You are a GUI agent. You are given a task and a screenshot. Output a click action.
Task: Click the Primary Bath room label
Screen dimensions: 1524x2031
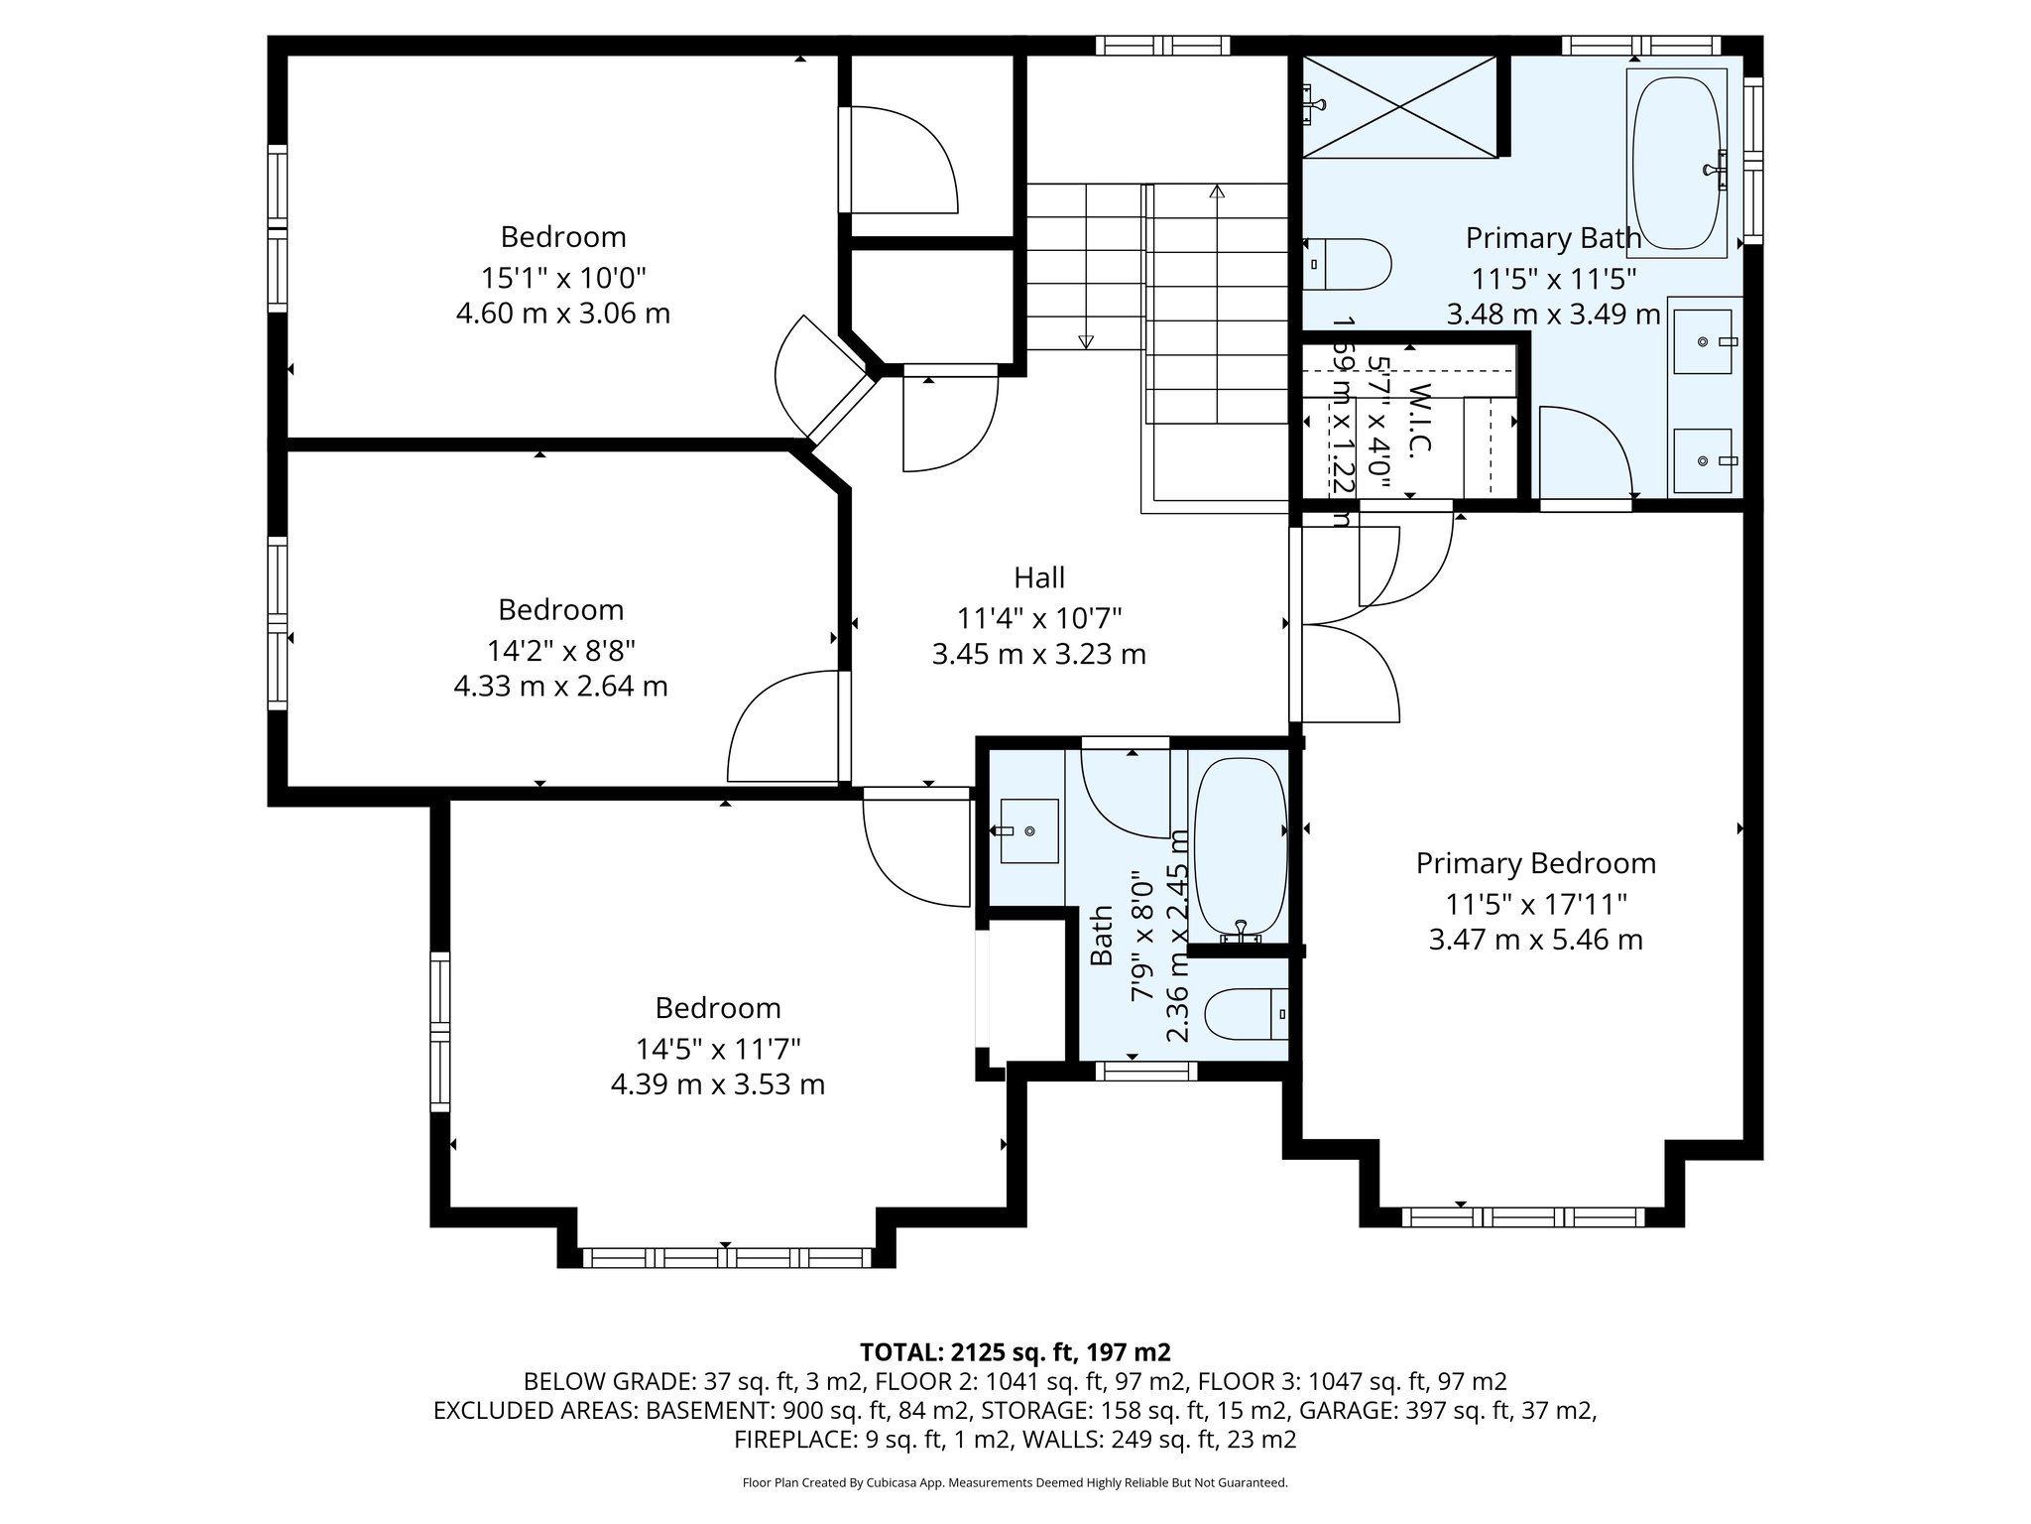1553,238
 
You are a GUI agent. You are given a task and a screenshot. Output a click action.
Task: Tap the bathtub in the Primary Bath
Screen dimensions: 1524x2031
1676,164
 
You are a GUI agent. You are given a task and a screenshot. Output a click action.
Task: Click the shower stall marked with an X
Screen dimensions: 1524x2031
1398,106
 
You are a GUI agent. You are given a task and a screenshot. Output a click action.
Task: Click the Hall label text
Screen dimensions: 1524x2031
1038,577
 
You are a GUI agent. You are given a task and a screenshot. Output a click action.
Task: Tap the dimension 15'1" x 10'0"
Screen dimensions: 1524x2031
563,276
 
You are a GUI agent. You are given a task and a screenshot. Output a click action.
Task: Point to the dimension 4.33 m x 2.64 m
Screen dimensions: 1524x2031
560,686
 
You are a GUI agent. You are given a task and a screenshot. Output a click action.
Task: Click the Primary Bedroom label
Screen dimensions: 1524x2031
1535,863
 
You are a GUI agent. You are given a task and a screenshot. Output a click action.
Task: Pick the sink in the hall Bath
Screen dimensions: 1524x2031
1028,830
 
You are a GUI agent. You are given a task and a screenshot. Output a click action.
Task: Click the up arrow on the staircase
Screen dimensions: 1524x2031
1217,191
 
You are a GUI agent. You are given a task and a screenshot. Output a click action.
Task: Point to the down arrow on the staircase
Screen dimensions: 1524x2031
1085,341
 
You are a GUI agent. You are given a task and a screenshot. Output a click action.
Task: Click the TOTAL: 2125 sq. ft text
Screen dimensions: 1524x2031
1015,1352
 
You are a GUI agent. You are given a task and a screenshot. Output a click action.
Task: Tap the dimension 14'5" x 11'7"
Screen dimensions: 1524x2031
718,1048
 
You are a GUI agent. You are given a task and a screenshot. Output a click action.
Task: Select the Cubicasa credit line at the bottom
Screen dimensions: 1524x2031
1015,1482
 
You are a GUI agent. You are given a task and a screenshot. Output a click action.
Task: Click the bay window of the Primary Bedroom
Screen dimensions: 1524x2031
1522,1216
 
